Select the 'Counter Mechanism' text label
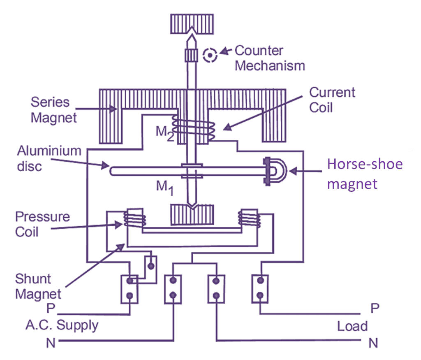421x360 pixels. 270,58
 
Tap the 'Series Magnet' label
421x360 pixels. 53,110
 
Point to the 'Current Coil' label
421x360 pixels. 332,100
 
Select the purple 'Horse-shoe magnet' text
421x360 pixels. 365,173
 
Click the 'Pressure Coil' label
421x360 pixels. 42,224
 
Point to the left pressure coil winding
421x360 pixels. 135,218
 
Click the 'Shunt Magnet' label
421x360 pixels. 38,286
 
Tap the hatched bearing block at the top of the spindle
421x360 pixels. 192,24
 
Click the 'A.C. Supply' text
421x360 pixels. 62,325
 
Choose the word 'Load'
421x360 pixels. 352,326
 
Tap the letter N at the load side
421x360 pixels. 373,342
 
